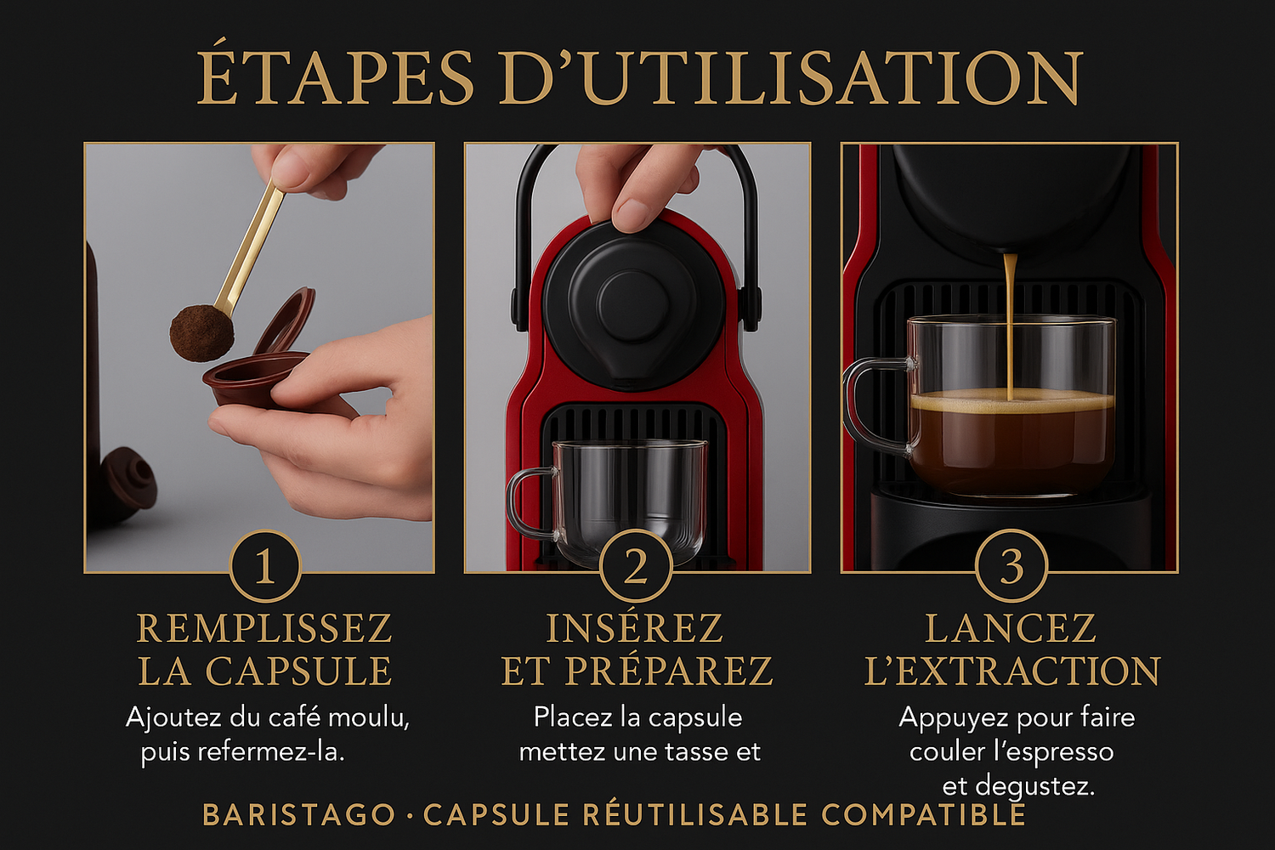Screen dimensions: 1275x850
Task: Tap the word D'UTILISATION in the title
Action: point(790,78)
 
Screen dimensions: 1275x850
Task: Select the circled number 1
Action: point(265,566)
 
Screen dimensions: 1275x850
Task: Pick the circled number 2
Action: point(636,566)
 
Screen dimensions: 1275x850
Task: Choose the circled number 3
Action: point(1011,566)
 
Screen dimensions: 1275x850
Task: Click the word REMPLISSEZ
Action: point(264,628)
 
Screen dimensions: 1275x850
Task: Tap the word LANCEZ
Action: point(1011,628)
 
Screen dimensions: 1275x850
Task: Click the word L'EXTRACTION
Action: point(1012,671)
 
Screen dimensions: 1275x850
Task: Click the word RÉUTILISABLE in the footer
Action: point(695,813)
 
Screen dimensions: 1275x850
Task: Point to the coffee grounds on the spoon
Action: point(201,333)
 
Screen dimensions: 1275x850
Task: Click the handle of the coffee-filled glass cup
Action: point(875,405)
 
